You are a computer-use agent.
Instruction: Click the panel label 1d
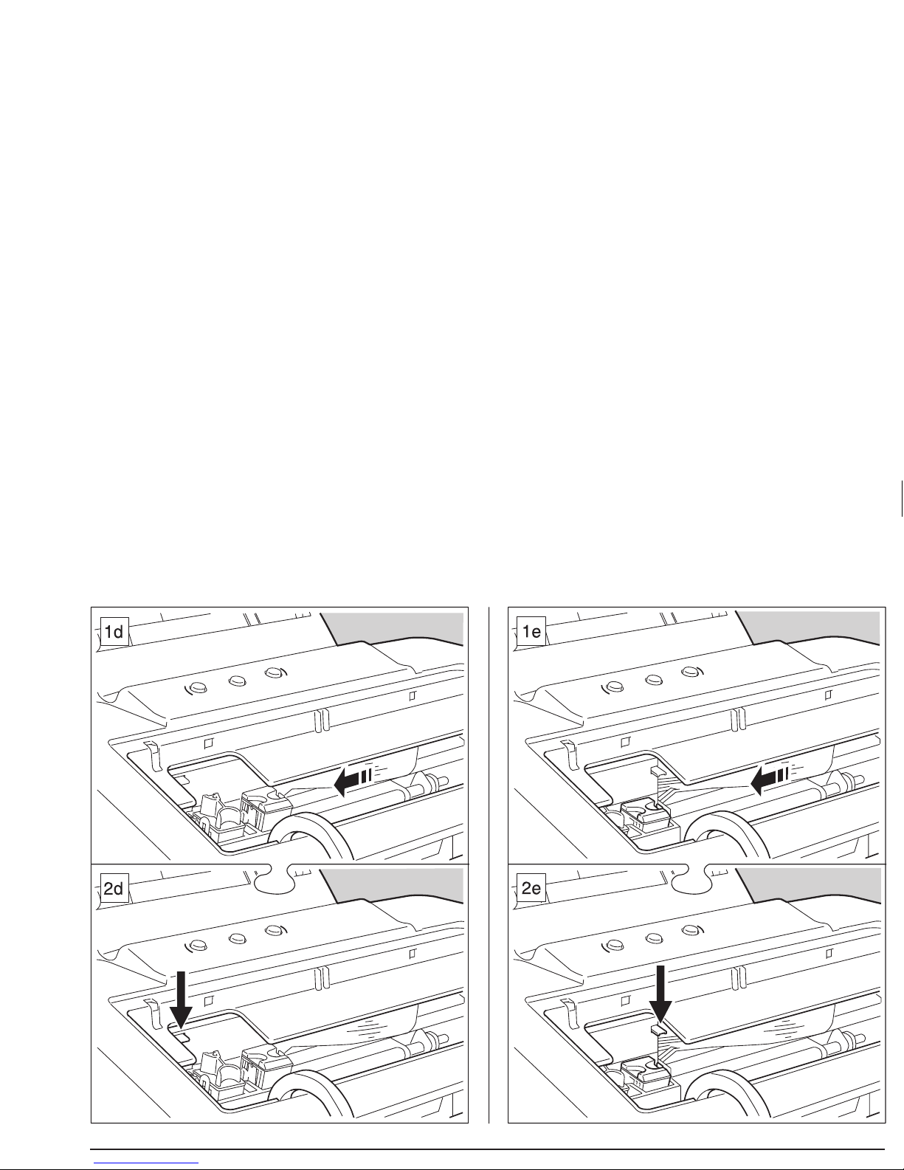tap(114, 631)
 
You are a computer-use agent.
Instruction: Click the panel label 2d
tap(114, 888)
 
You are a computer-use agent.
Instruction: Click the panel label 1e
tap(531, 631)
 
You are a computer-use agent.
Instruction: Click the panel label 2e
tap(531, 888)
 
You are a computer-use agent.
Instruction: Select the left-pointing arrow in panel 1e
tap(770, 781)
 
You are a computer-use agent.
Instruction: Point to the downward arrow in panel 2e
tap(660, 994)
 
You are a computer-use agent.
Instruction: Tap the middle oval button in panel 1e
tap(654, 681)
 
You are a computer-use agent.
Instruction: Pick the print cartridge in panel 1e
tap(646, 815)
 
